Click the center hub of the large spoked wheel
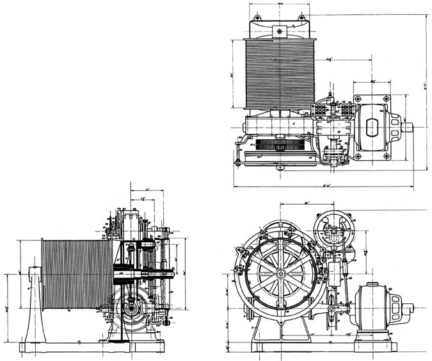pyautogui.click(x=280, y=273)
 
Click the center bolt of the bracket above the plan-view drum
pyautogui.click(x=279, y=28)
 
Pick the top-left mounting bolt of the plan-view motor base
pyautogui.click(x=358, y=98)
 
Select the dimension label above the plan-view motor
pyautogui.click(x=372, y=82)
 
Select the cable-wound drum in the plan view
pyautogui.click(x=280, y=72)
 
